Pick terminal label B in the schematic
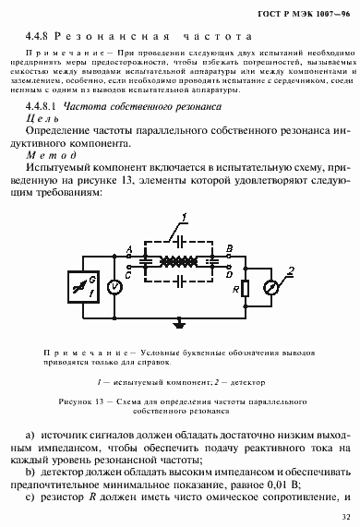pos(229,251)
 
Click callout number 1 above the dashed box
pos(185,218)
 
